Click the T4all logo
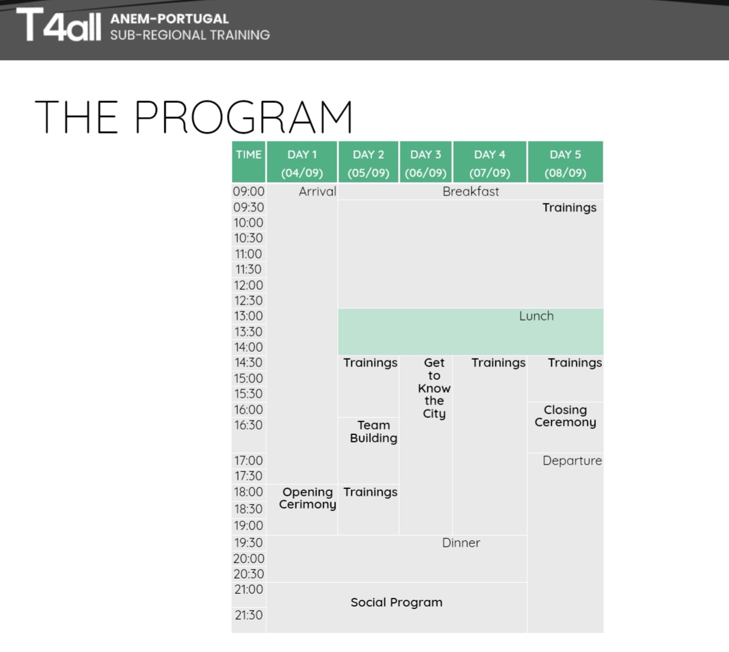(x=59, y=25)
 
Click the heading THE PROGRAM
(x=193, y=116)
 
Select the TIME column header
(x=249, y=154)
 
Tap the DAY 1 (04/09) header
(x=302, y=163)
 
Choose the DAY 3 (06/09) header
(x=426, y=163)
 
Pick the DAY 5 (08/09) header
(x=565, y=163)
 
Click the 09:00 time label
(x=249, y=191)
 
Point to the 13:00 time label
(x=249, y=316)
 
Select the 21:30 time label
(x=249, y=615)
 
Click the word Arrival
(x=317, y=191)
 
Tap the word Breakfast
(x=470, y=191)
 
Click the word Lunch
(x=536, y=316)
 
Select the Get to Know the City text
(x=434, y=388)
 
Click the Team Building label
(x=373, y=432)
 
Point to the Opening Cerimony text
(x=307, y=498)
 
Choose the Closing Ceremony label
(x=565, y=416)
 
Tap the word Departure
(x=572, y=461)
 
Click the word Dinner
(x=460, y=543)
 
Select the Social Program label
(x=397, y=603)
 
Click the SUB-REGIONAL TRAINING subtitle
(x=189, y=35)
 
